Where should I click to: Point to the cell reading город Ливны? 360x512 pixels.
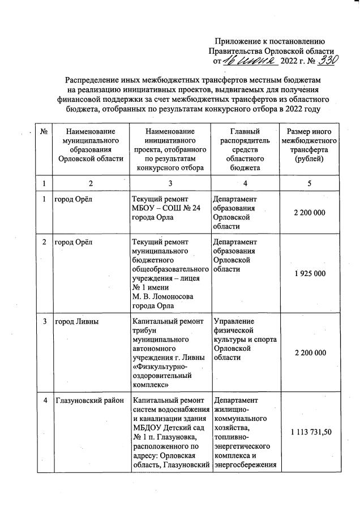[77, 322]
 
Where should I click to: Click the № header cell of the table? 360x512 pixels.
[44, 131]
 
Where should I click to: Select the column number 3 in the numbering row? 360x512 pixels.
[170, 183]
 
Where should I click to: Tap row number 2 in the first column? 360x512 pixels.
[44, 242]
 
